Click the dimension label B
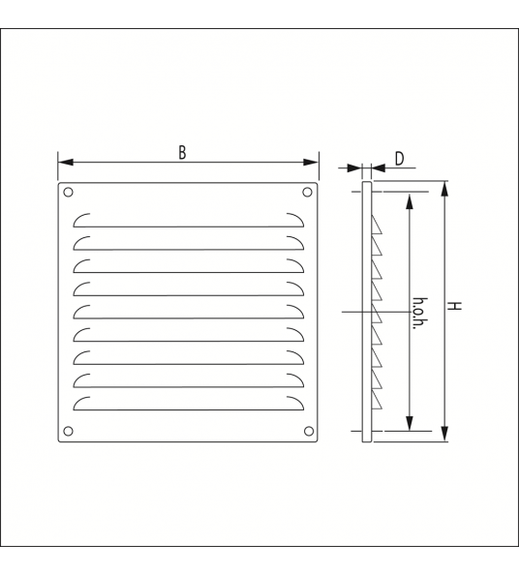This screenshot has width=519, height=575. pyautogui.click(x=182, y=153)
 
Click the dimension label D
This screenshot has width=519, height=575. pyautogui.click(x=400, y=159)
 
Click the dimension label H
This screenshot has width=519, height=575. pyautogui.click(x=454, y=306)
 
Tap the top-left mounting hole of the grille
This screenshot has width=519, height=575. pyautogui.click(x=68, y=193)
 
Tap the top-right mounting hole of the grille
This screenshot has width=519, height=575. pyautogui.click(x=307, y=193)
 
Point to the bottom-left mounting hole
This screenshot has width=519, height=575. pyautogui.click(x=68, y=431)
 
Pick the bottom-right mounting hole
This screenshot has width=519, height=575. pyautogui.click(x=309, y=431)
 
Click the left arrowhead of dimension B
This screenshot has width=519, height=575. pyautogui.click(x=66, y=162)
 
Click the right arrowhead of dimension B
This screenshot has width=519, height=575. pyautogui.click(x=311, y=162)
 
